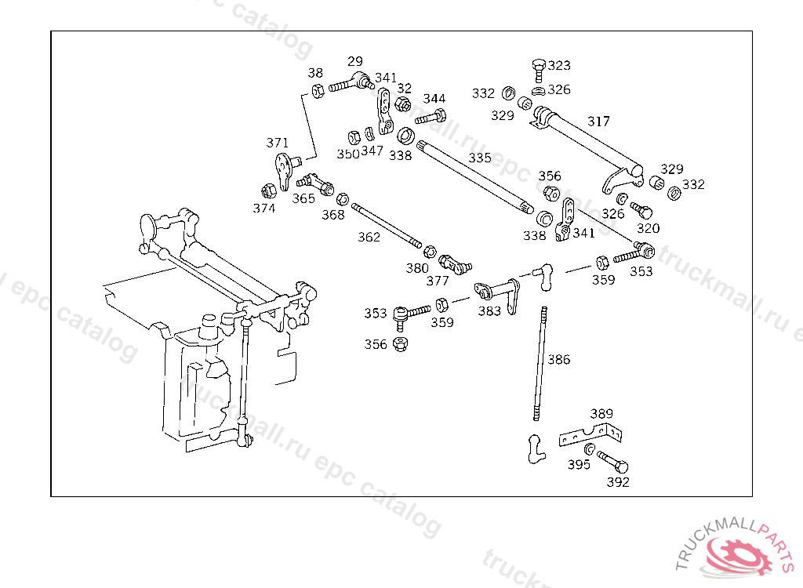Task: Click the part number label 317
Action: pyautogui.click(x=598, y=122)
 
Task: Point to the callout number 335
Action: pyautogui.click(x=480, y=158)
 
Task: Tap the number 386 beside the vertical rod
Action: pyautogui.click(x=559, y=360)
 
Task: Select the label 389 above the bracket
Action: pyautogui.click(x=601, y=413)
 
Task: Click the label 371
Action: pyautogui.click(x=278, y=143)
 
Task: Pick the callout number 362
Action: pyautogui.click(x=369, y=237)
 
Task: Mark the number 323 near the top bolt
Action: pyautogui.click(x=559, y=65)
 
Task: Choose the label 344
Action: pyautogui.click(x=434, y=99)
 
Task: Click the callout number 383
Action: pyautogui.click(x=489, y=311)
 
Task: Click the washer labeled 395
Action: pyautogui.click(x=590, y=448)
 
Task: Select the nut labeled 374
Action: pyautogui.click(x=267, y=191)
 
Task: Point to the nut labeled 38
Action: pyautogui.click(x=318, y=90)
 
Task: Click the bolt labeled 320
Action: pyautogui.click(x=641, y=210)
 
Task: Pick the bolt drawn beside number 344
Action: pyautogui.click(x=430, y=118)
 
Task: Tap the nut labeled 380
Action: pyautogui.click(x=430, y=252)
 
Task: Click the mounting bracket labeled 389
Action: pyautogui.click(x=590, y=434)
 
